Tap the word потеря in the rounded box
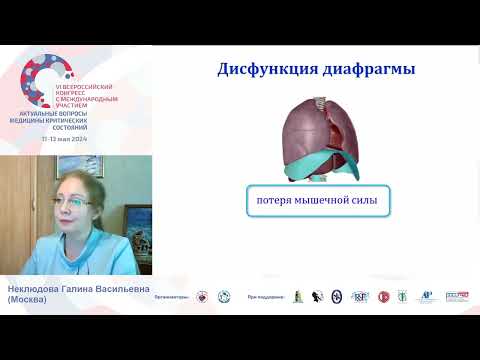tap(269, 202)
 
